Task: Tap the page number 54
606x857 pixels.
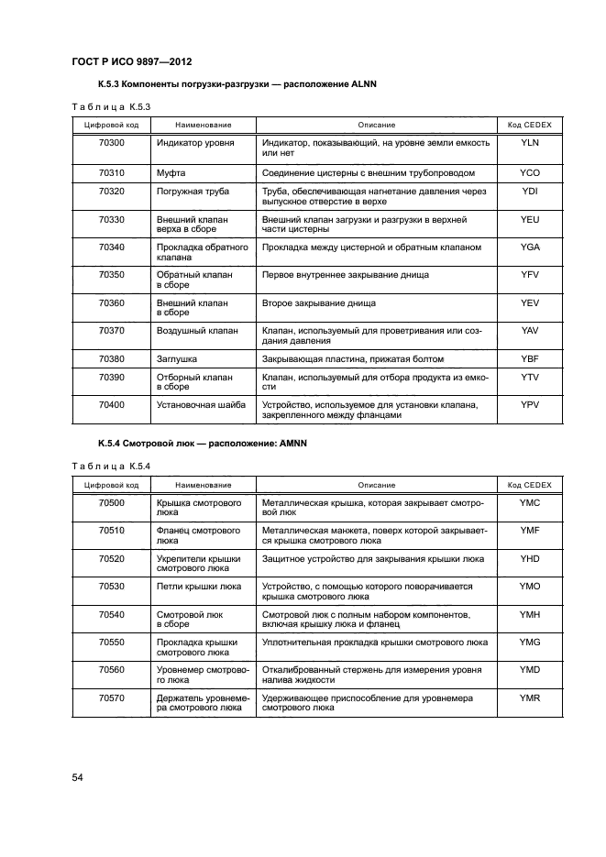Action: click(78, 777)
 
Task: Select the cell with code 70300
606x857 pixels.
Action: click(111, 143)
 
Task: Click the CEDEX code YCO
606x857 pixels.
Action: click(530, 171)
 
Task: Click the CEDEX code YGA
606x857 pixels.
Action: click(530, 247)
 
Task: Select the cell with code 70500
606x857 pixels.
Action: click(111, 502)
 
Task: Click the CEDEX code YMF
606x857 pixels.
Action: click(530, 530)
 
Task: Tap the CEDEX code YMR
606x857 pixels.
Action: click(530, 698)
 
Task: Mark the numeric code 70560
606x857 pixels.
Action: click(111, 670)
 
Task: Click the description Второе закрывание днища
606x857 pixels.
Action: click(318, 302)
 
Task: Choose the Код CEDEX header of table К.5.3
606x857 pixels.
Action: click(530, 124)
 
